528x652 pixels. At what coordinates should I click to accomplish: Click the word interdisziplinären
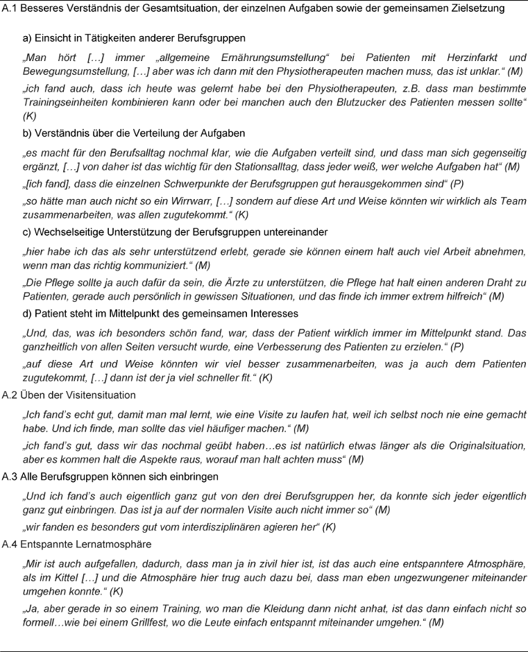[x=210, y=527]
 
